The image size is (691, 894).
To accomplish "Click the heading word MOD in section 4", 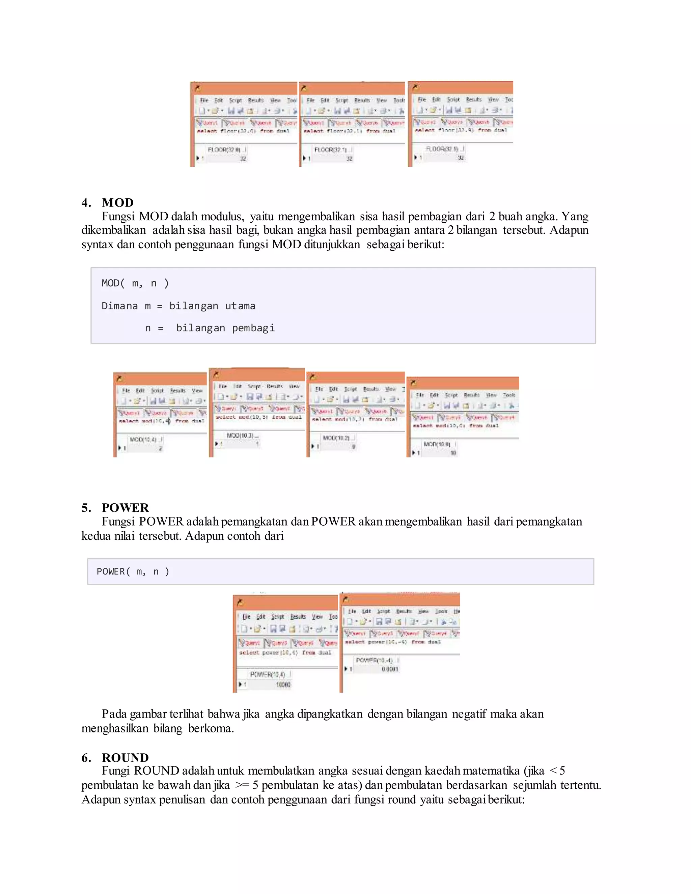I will (x=117, y=203).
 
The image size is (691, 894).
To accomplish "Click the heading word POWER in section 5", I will (x=125, y=508).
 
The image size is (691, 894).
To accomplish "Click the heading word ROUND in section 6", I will (x=125, y=757).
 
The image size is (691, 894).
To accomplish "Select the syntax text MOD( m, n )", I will (x=135, y=283).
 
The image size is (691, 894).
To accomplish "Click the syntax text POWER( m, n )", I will (x=133, y=571).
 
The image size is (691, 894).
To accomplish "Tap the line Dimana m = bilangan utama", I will (x=178, y=306).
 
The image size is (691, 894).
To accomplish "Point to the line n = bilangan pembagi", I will (x=210, y=328).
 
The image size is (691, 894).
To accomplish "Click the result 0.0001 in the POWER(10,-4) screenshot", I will (x=390, y=669).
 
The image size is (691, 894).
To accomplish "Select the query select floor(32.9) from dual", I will (x=461, y=130).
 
